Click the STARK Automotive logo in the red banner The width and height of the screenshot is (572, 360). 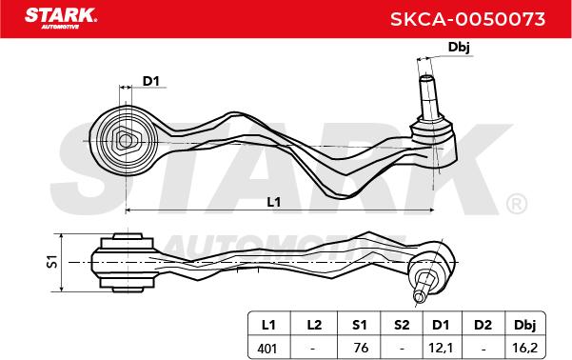(60, 18)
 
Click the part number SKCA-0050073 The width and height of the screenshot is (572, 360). (467, 19)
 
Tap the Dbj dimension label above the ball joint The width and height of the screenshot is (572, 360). (459, 47)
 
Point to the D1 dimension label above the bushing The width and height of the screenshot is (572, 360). (150, 81)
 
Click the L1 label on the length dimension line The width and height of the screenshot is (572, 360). (274, 202)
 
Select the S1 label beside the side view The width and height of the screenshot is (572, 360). (53, 261)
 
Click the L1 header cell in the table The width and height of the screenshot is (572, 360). (268, 324)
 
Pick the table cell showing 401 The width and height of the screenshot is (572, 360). (267, 348)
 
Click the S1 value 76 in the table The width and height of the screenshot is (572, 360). (361, 348)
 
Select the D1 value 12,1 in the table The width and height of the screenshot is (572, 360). (442, 348)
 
